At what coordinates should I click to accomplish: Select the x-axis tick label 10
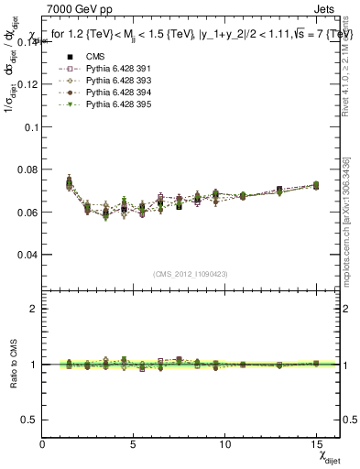[x=225, y=443]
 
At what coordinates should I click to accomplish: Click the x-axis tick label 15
[x=316, y=443]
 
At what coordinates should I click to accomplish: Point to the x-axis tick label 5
[x=134, y=443]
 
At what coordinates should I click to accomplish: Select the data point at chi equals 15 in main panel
[x=316, y=185]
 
